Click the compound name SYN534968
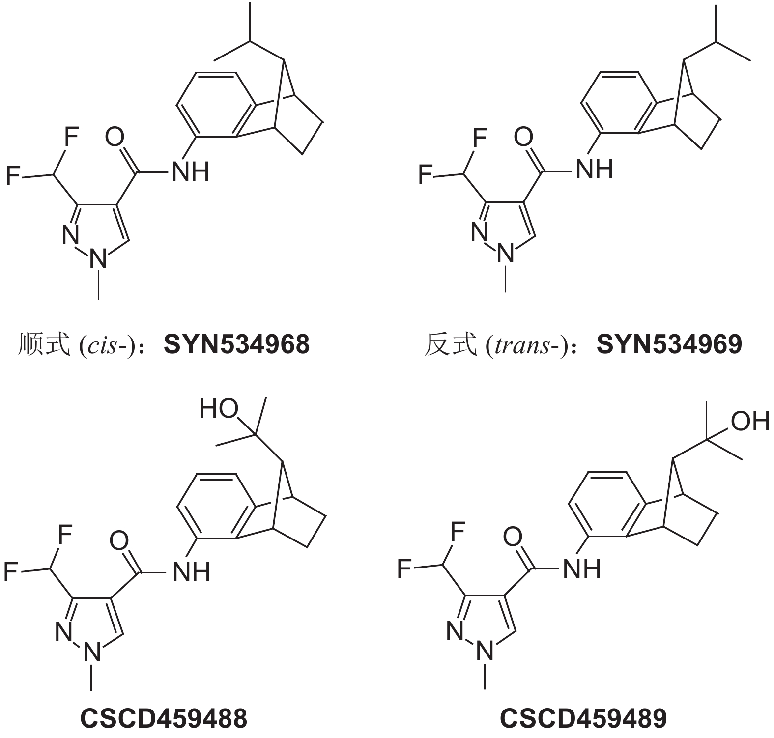pyautogui.click(x=236, y=344)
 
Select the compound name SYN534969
pyautogui.click(x=669, y=344)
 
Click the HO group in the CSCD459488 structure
pyautogui.click(x=219, y=409)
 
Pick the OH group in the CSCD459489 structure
pyautogui.click(x=750, y=421)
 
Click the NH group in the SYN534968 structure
pyautogui.click(x=191, y=172)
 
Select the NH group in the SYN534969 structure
pyautogui.click(x=595, y=170)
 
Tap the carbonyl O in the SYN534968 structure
pyautogui.click(x=115, y=138)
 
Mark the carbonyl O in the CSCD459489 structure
pyautogui.click(x=513, y=538)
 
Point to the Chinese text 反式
pyautogui.click(x=450, y=344)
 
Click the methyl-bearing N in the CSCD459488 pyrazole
pyautogui.click(x=92, y=653)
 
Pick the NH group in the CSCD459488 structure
pyautogui.click(x=192, y=572)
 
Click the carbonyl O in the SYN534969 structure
pyautogui.click(x=523, y=137)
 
